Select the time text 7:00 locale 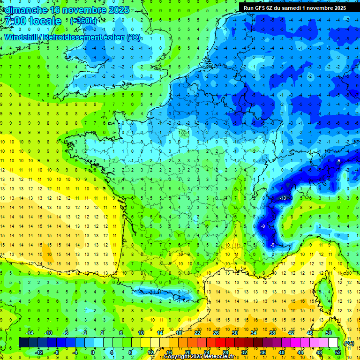point(31,21)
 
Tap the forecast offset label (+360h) point(84,21)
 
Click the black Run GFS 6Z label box point(295,7)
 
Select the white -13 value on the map point(283,199)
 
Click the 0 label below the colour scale point(93,352)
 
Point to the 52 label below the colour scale point(337,352)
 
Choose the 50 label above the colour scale point(329,333)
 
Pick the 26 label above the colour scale point(216,333)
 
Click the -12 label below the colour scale point(39,352)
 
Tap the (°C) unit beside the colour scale point(349,343)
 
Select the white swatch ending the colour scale point(333,343)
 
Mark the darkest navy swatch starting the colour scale point(23,343)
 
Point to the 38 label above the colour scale point(272,333)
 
